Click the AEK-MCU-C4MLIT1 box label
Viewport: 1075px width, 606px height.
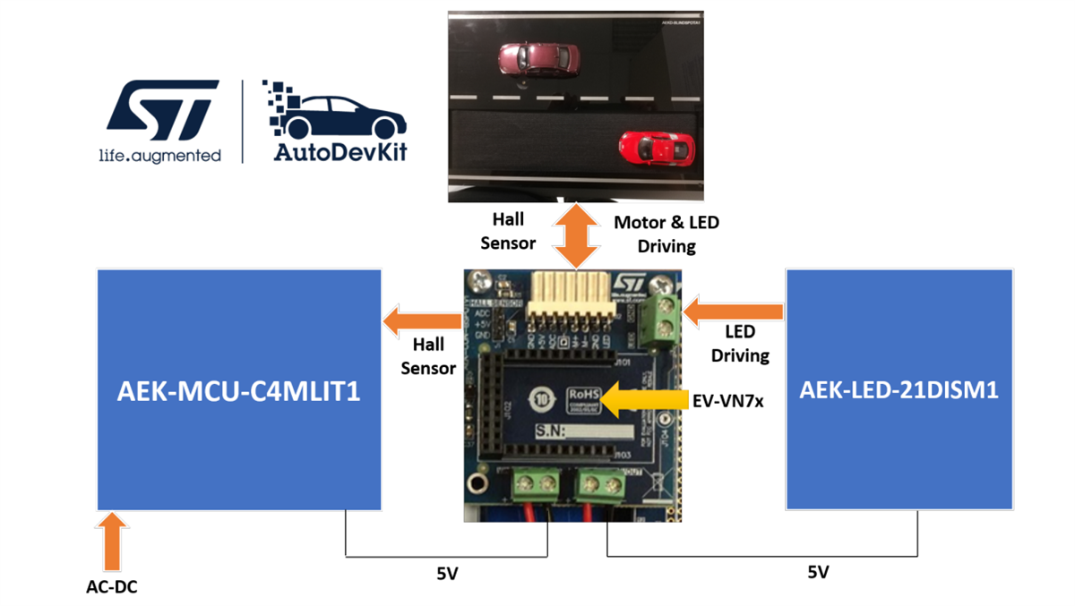(x=238, y=390)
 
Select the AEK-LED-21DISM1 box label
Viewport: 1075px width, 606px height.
(x=899, y=390)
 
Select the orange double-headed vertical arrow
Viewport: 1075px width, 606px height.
(x=574, y=235)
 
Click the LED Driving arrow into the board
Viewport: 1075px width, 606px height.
(x=733, y=312)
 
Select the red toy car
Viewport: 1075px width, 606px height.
(x=657, y=146)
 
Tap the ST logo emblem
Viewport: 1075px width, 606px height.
(x=162, y=111)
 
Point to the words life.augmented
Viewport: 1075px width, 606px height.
(x=159, y=156)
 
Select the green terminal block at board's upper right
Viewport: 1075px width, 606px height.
(x=662, y=318)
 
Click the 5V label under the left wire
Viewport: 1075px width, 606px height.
(x=447, y=574)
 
